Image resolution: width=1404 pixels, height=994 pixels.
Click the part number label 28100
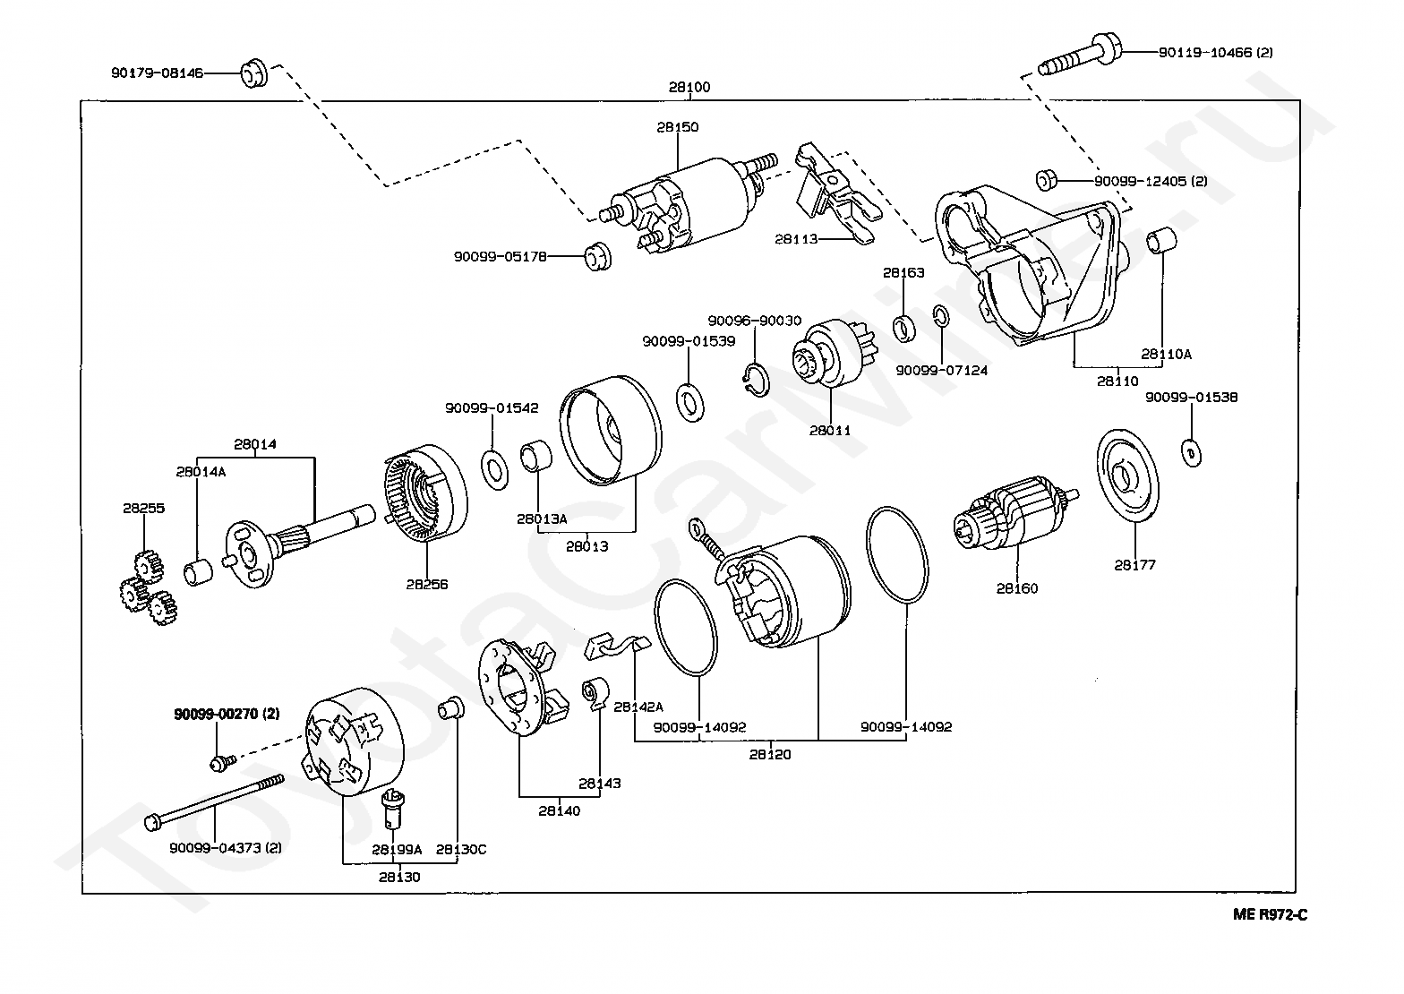tap(689, 88)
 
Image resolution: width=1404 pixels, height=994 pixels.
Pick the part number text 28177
tap(1134, 565)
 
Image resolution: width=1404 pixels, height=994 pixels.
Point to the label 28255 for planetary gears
tap(143, 508)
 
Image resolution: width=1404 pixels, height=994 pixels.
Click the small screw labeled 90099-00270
tap(218, 762)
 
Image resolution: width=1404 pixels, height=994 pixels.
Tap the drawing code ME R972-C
tap(1270, 914)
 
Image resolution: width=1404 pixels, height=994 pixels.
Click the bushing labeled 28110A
tap(1161, 242)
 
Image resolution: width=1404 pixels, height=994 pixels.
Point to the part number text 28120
tap(770, 754)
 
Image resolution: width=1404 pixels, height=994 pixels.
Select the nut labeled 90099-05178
tap(595, 255)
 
